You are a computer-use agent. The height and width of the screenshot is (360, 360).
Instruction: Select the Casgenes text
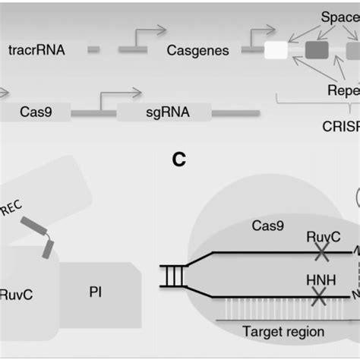[x=197, y=50]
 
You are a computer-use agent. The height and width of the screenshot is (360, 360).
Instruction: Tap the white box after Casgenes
[x=276, y=50]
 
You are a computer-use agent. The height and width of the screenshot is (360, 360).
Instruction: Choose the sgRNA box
[x=163, y=113]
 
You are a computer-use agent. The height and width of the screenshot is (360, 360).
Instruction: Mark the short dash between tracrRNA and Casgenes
[x=93, y=50]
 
